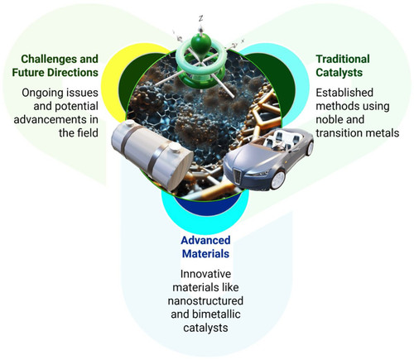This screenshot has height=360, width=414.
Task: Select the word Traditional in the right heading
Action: (x=343, y=59)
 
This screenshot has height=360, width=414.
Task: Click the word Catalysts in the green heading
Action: (x=339, y=73)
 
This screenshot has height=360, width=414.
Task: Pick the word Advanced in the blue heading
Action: (x=205, y=240)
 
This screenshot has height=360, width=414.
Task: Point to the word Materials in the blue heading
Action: (x=205, y=254)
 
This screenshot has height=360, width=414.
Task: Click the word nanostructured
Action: (x=205, y=300)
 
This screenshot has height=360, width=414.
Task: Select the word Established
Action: (x=344, y=93)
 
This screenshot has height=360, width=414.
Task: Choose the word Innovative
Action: (x=205, y=274)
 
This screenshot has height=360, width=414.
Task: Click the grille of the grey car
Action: (x=237, y=176)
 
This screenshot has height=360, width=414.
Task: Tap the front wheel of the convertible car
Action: (x=278, y=180)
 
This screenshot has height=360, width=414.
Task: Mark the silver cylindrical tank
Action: (x=152, y=156)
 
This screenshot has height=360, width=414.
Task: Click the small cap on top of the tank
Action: (x=175, y=147)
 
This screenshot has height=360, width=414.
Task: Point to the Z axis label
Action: (x=201, y=19)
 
